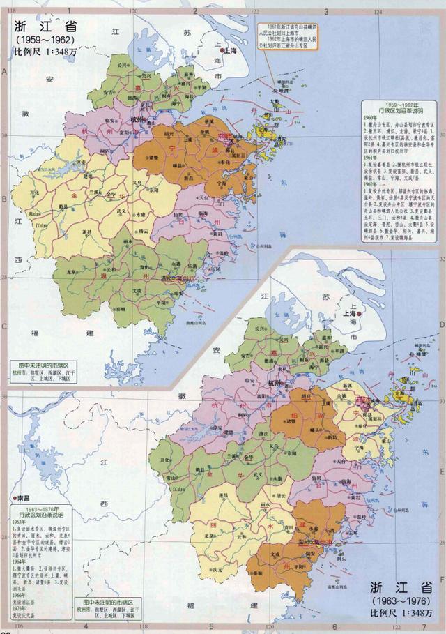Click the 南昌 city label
click(24, 499)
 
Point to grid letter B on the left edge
click(4, 198)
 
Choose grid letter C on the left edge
click(4, 325)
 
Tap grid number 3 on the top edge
click(325, 12)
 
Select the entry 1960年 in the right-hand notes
click(372, 115)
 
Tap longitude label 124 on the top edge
click(377, 13)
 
